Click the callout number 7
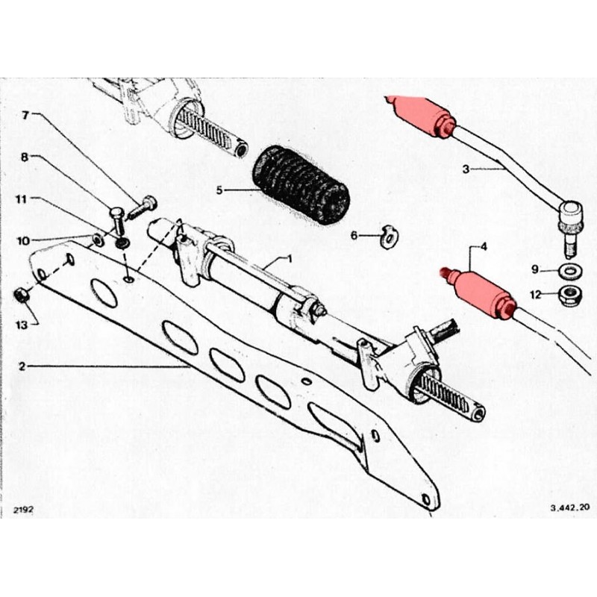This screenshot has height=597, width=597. coord(25,116)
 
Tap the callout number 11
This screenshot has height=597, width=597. coord(22,199)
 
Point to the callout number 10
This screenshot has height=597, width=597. coord(22,240)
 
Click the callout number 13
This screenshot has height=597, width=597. coord(22,325)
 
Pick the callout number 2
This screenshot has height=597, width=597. coord(22,366)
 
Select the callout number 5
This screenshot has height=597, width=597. coord(220,190)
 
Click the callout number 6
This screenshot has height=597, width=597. coord(354,236)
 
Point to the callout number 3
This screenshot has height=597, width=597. coord(466,169)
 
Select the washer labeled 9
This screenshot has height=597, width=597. coord(570,269)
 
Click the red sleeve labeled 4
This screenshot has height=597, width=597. coord(484,293)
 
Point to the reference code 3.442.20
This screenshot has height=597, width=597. coord(570,507)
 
